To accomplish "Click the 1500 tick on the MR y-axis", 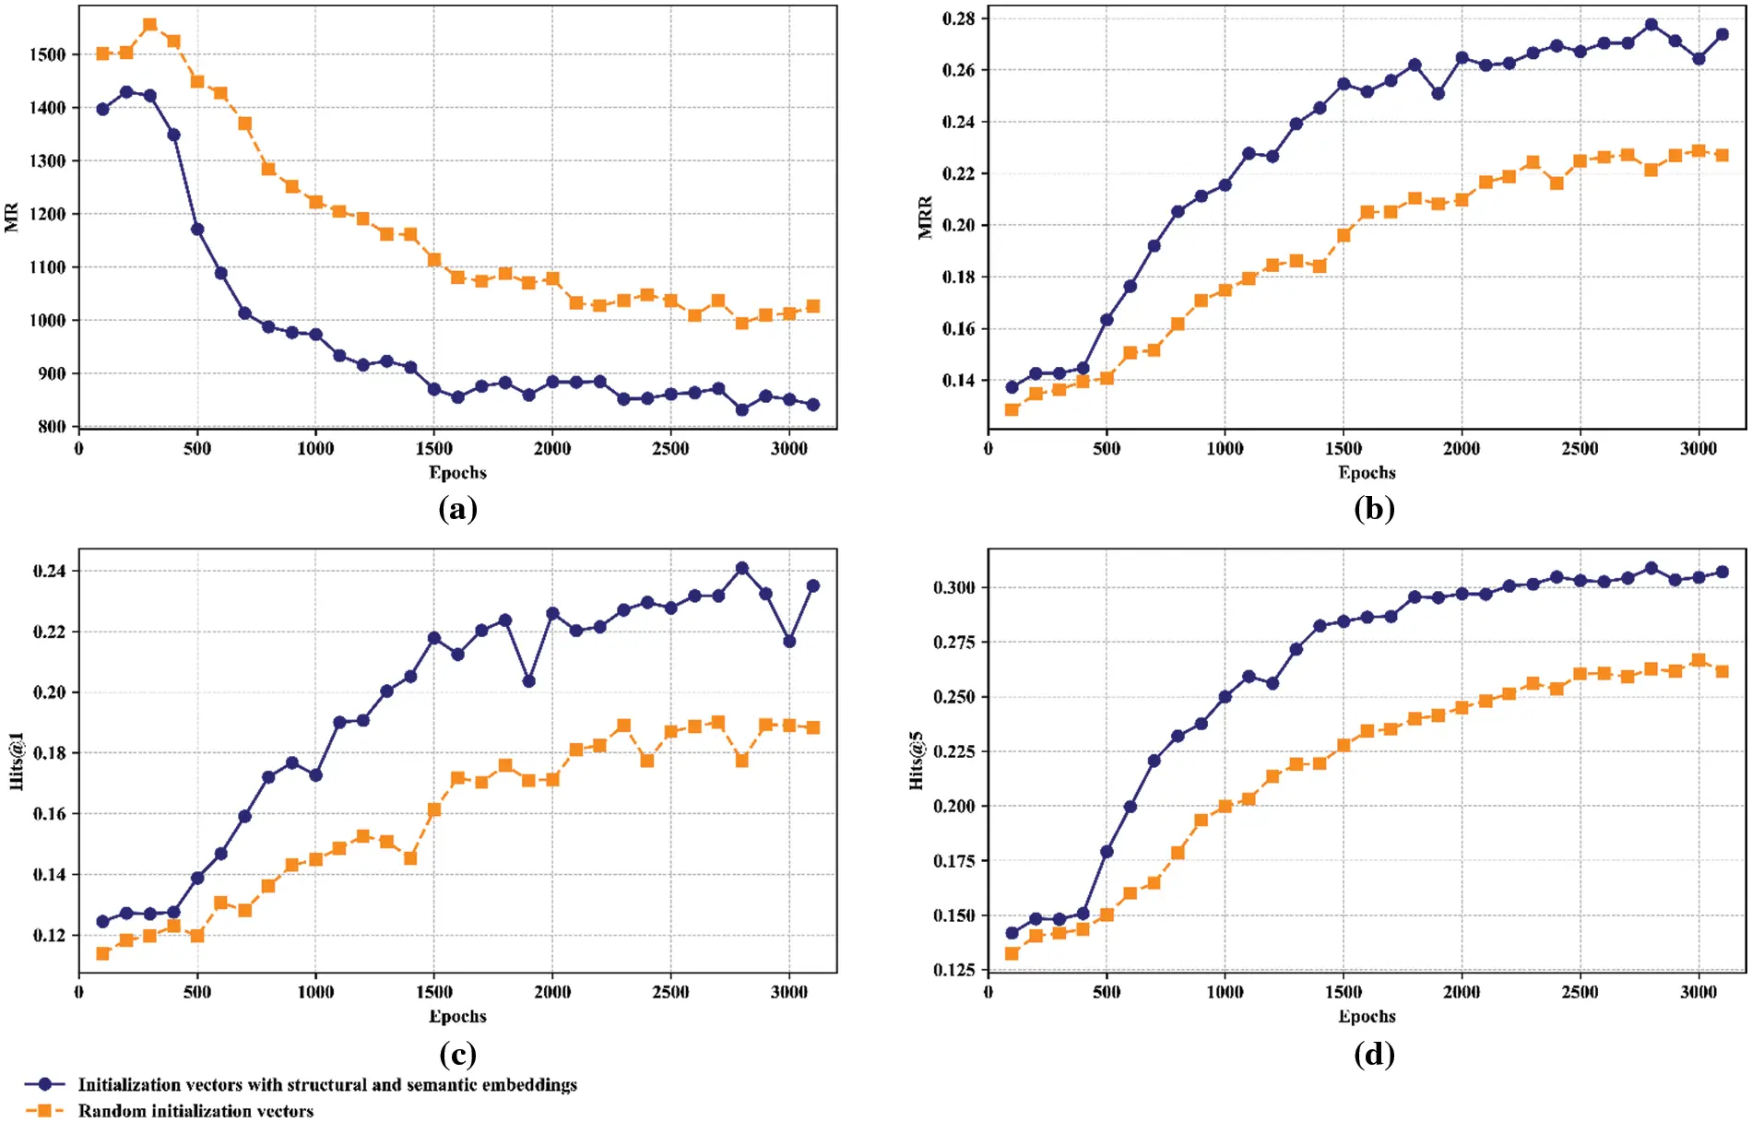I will [x=48, y=54].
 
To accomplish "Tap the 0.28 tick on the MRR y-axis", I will [x=958, y=18].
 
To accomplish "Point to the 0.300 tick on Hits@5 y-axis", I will [x=953, y=587].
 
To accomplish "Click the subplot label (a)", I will [x=457, y=508].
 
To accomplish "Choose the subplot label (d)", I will [x=1373, y=1053].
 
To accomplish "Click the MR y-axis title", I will [x=12, y=217].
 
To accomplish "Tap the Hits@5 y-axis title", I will [x=917, y=761].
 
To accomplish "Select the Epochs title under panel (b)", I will [x=1367, y=472].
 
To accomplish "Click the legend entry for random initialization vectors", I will [x=195, y=1110].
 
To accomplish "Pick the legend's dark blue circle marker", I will [x=44, y=1084].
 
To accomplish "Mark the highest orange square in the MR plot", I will [x=150, y=25].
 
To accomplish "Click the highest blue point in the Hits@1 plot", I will [x=741, y=568].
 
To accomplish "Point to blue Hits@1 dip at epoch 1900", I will [x=528, y=680].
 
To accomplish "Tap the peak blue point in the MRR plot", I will [x=1651, y=25].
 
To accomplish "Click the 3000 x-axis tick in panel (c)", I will [x=788, y=992].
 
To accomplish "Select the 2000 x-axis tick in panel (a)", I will [x=551, y=448].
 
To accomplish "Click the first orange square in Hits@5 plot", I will [x=1012, y=953].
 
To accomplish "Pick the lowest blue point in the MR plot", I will [x=741, y=409].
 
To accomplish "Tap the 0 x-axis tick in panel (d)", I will [x=988, y=992].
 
